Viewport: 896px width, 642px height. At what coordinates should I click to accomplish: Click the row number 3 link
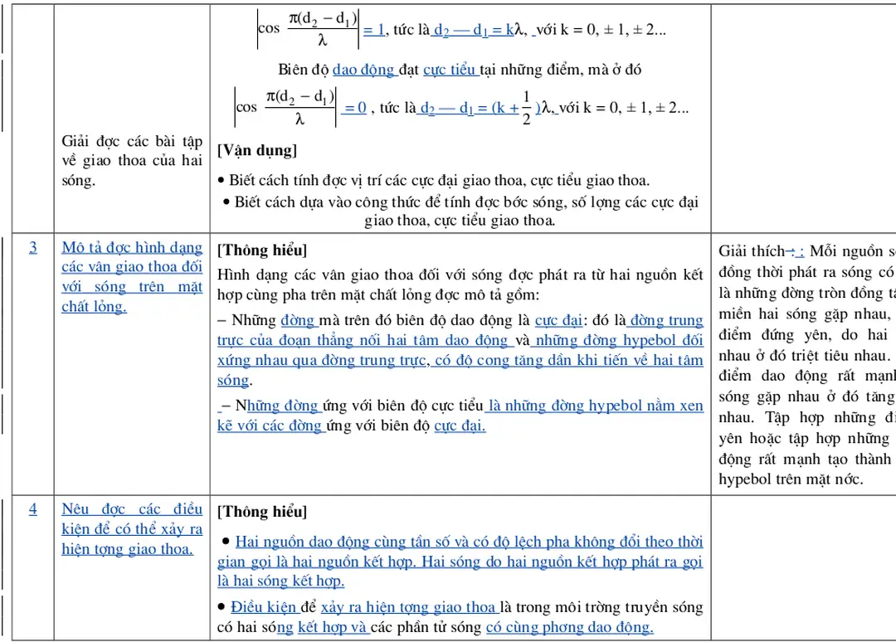(33, 247)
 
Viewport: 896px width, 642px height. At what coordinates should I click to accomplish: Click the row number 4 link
(33, 508)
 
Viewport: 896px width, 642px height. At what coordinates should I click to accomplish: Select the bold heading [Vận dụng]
(257, 150)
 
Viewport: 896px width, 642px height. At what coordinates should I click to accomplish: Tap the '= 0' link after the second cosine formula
(354, 108)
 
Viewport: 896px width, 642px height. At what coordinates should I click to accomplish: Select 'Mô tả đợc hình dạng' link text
(132, 247)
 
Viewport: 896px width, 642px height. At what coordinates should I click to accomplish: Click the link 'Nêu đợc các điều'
(132, 508)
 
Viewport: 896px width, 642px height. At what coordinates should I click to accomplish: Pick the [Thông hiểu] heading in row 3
(262, 250)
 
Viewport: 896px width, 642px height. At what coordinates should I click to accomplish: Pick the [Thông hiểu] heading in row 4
(262, 512)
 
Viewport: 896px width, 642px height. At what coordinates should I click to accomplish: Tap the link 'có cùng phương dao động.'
(569, 627)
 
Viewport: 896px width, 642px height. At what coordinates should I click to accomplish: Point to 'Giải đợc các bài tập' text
(132, 140)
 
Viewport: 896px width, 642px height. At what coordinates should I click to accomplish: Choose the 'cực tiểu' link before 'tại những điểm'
(450, 70)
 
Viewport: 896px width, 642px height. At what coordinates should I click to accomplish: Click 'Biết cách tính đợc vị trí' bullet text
(315, 180)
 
